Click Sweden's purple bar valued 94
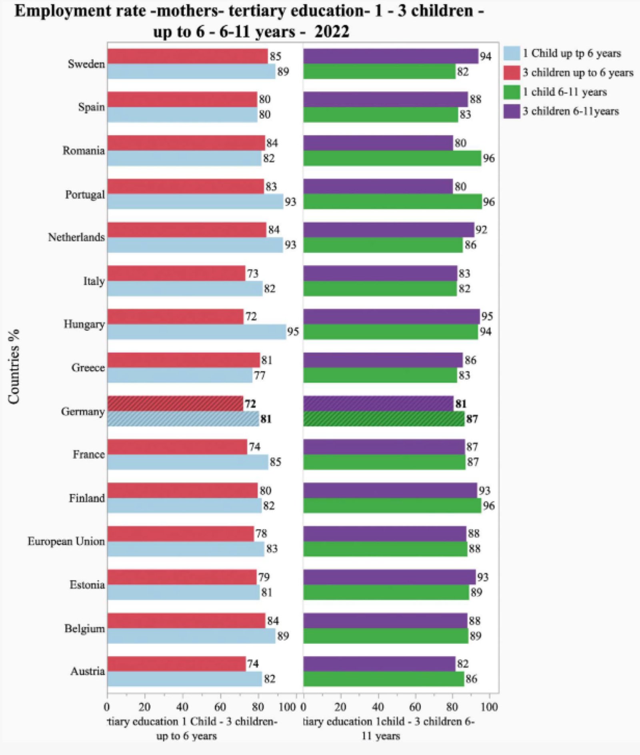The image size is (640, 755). pos(390,56)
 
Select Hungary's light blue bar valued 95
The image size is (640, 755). pos(196,332)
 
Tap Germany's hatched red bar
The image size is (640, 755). pos(175,404)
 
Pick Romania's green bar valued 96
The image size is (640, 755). pos(392,158)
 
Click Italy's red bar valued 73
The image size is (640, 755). pos(176,273)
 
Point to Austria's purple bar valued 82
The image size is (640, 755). pos(379,664)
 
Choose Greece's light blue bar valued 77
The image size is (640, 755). pos(180,375)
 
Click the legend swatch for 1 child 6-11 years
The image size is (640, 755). pos(512,92)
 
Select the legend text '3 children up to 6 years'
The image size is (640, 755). pos(578,73)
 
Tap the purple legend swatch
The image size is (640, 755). pos(512,111)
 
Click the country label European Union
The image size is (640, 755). pos(66,541)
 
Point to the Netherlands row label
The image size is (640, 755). pos(76,237)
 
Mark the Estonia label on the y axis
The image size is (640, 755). pos(87,585)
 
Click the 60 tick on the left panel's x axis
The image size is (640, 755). pos(220,707)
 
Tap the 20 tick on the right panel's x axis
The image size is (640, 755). pos(340,707)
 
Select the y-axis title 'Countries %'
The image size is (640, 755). pos(14,366)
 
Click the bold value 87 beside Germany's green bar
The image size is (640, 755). pos(472,419)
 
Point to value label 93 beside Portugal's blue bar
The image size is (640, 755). pos(290,202)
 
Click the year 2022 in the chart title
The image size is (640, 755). pos(332,32)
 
